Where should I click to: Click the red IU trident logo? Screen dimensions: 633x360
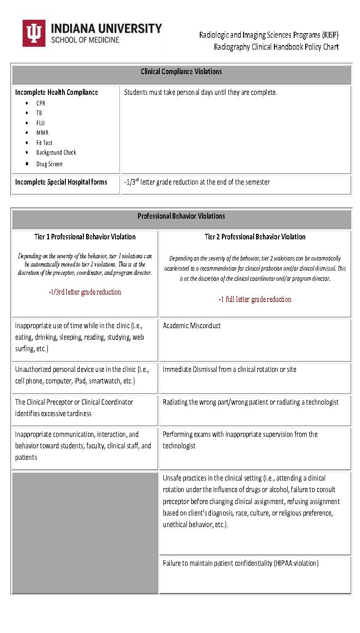(x=34, y=33)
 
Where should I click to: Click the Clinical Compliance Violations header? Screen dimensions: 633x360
(x=181, y=71)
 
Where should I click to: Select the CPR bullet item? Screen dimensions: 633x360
(x=41, y=103)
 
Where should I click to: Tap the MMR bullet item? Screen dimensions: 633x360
(x=42, y=133)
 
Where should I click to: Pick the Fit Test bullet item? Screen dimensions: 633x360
(x=44, y=143)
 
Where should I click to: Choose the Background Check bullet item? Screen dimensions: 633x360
(x=56, y=152)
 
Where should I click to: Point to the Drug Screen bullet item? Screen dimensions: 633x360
(x=49, y=164)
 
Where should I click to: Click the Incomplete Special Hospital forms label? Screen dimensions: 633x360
(x=61, y=182)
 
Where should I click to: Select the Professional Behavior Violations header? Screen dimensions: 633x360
(x=181, y=216)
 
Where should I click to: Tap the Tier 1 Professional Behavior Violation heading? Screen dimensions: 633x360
(x=85, y=237)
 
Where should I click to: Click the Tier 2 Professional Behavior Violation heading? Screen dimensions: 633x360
(x=255, y=237)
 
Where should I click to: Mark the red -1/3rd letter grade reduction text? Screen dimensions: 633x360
(x=85, y=292)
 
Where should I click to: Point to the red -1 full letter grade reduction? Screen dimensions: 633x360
(x=255, y=299)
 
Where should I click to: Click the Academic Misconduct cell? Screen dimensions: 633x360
(x=192, y=325)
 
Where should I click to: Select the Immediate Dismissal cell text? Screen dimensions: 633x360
(x=229, y=369)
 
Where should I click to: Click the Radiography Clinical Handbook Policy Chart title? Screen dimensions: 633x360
(x=276, y=47)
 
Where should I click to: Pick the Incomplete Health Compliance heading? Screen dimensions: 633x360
(x=56, y=92)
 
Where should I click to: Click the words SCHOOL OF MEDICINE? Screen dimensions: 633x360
(x=85, y=40)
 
